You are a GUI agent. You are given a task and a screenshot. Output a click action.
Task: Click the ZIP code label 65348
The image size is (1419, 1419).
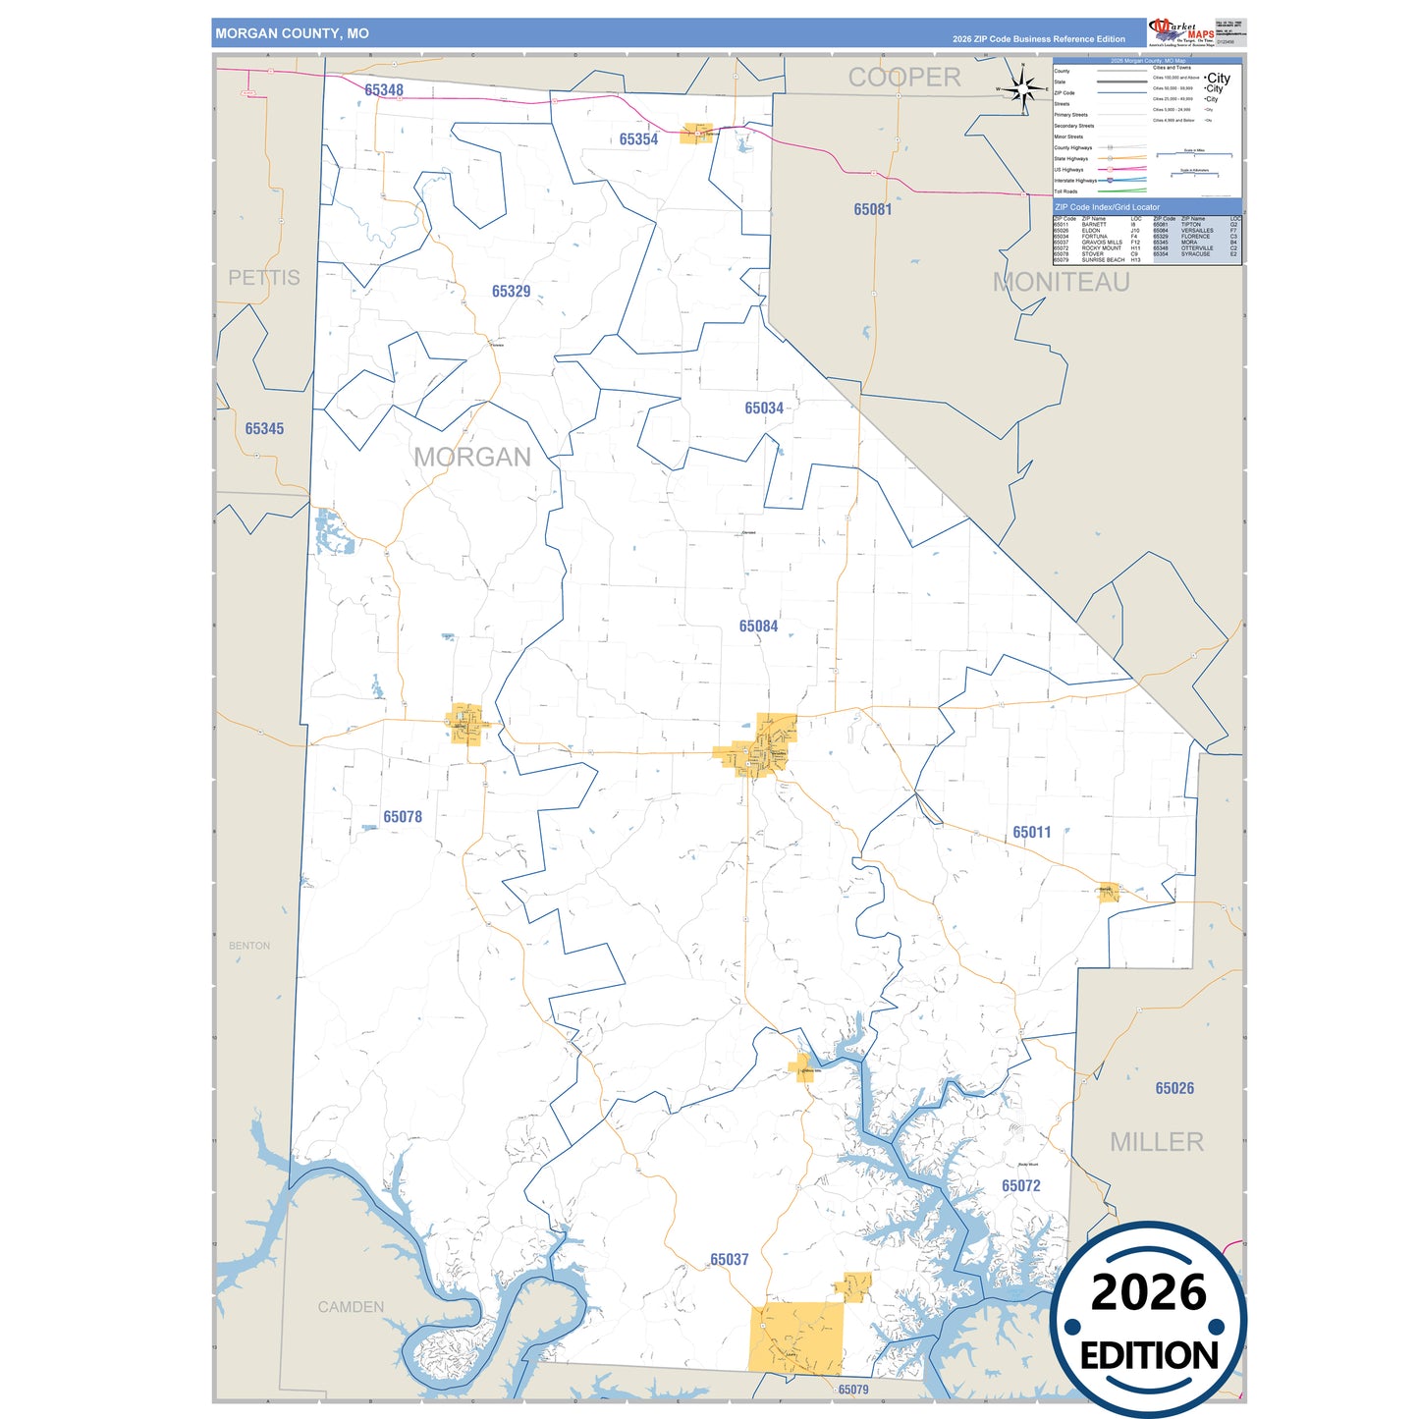click(x=384, y=90)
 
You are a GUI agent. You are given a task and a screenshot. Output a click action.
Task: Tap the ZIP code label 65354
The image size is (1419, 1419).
click(x=638, y=139)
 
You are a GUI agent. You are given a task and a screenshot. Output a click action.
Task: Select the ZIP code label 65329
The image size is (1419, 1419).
click(x=511, y=292)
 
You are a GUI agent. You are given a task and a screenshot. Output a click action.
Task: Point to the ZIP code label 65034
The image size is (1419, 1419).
click(x=763, y=409)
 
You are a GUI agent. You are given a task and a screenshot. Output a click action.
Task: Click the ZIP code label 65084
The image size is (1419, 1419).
click(x=758, y=627)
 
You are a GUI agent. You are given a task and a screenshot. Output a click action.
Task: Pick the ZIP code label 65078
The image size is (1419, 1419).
click(x=403, y=817)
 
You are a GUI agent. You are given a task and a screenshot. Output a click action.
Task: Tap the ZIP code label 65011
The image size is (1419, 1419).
click(x=1031, y=833)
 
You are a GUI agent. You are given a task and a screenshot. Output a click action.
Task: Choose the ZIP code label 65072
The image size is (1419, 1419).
click(x=1020, y=1186)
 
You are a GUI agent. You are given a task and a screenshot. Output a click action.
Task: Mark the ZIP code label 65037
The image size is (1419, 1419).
click(x=729, y=1260)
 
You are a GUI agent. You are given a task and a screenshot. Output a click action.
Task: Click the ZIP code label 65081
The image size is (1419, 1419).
click(x=872, y=209)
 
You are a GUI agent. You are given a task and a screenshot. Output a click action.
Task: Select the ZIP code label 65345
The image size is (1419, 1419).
click(x=264, y=429)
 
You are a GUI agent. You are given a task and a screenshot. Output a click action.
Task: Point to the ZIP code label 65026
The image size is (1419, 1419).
click(x=1174, y=1088)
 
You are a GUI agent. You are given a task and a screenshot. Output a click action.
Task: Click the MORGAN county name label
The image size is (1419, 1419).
click(x=472, y=458)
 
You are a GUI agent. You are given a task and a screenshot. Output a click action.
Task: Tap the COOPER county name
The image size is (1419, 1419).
click(x=904, y=78)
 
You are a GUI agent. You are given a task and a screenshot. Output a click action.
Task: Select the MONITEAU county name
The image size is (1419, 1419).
click(x=1061, y=283)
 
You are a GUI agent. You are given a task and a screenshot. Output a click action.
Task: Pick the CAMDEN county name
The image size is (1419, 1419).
click(x=351, y=1307)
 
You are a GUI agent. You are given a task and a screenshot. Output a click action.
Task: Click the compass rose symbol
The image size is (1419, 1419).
click(x=1023, y=89)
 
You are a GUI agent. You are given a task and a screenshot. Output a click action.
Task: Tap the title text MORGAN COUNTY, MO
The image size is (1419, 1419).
click(x=293, y=33)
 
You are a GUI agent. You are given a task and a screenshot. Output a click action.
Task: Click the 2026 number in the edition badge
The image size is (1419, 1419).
click(x=1148, y=1292)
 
